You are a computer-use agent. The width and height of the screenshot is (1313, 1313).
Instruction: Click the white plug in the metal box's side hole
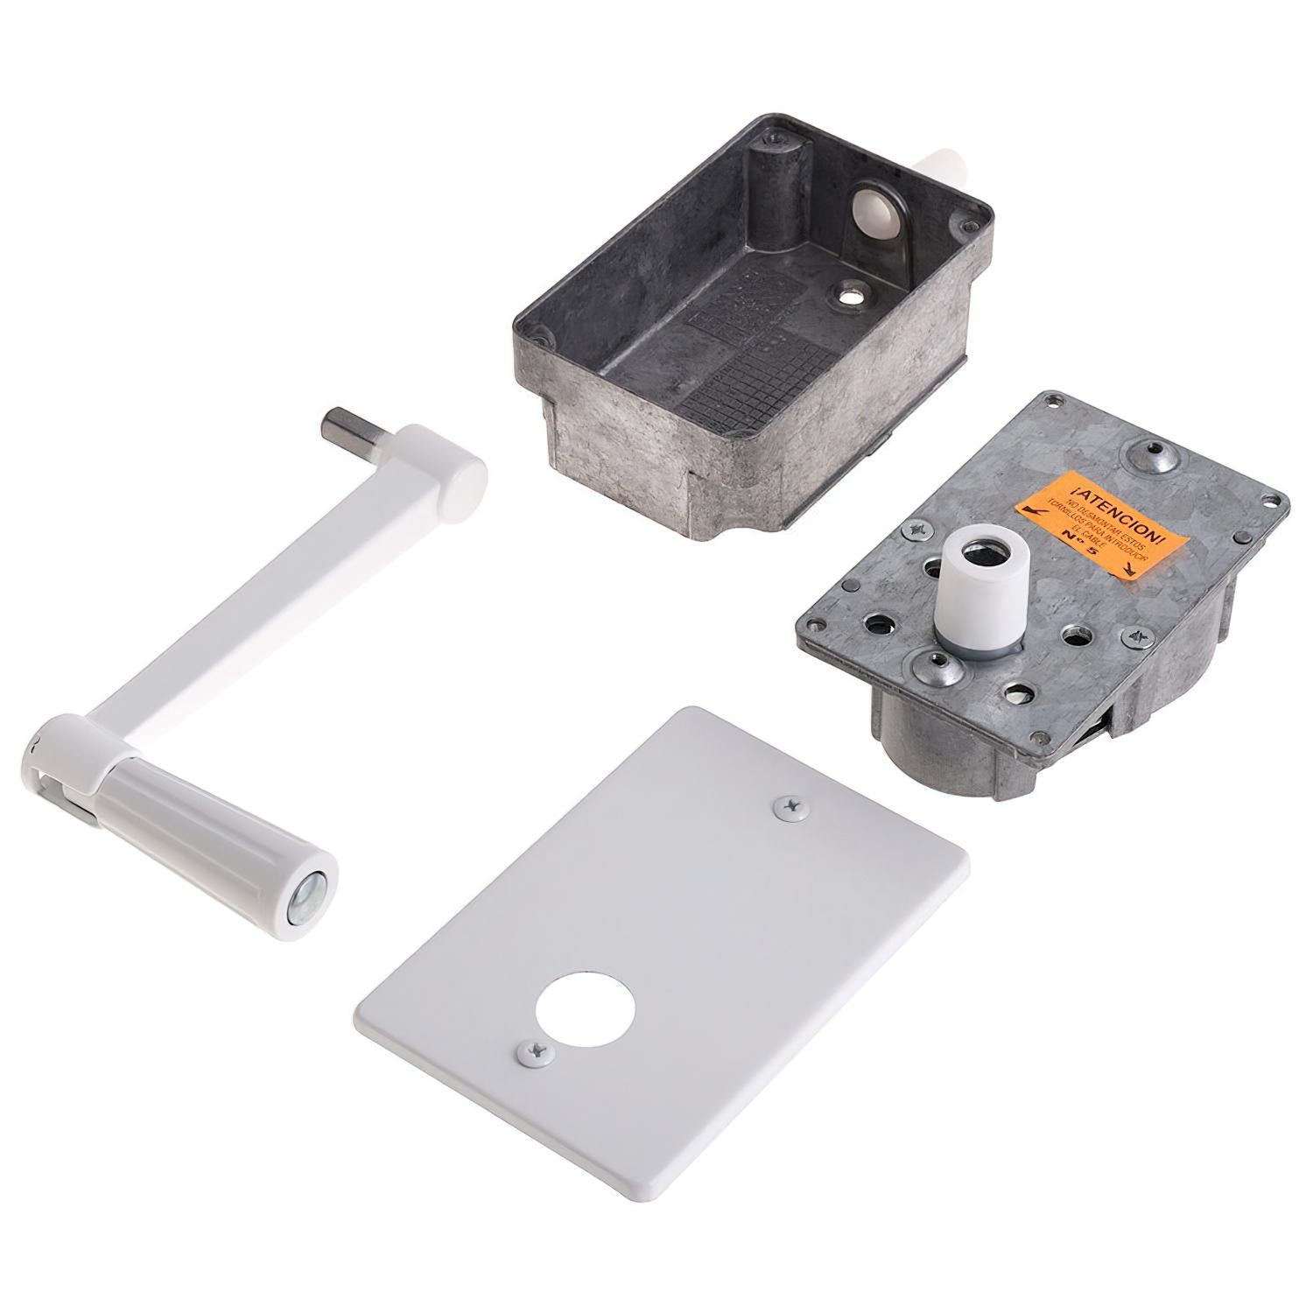(x=875, y=210)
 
